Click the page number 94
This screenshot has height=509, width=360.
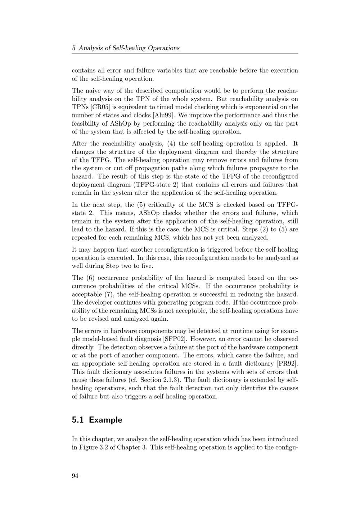[x=75, y=476]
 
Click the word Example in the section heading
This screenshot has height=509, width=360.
[x=105, y=420]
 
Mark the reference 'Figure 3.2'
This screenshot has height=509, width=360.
[x=90, y=447]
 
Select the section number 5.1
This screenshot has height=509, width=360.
[x=78, y=420]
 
